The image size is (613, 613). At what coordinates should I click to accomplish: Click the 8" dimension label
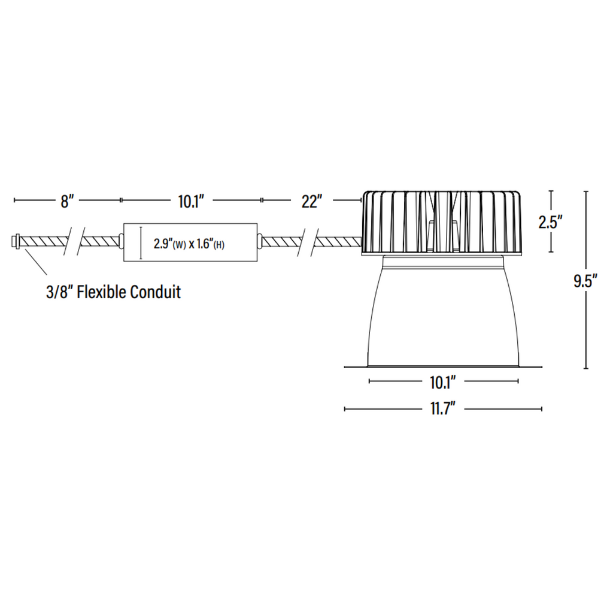(66, 201)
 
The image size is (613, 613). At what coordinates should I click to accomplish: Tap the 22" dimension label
(311, 201)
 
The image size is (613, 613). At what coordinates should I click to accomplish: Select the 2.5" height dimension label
(551, 222)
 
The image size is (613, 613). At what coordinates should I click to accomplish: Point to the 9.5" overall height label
(585, 282)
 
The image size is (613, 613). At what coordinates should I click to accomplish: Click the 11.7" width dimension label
(443, 409)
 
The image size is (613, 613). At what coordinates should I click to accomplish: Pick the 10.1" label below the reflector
(443, 381)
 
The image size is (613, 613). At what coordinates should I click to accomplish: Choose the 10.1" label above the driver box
(191, 201)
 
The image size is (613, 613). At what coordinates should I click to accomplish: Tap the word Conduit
(155, 293)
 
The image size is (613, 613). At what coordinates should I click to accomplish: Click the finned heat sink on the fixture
(441, 221)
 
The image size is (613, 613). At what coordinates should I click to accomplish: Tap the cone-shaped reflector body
(443, 317)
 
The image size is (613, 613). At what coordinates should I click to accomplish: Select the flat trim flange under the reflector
(443, 366)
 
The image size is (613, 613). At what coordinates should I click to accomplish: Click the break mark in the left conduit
(74, 241)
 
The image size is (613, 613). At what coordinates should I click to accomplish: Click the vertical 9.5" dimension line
(586, 335)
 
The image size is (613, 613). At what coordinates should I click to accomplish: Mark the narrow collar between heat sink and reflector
(443, 259)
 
